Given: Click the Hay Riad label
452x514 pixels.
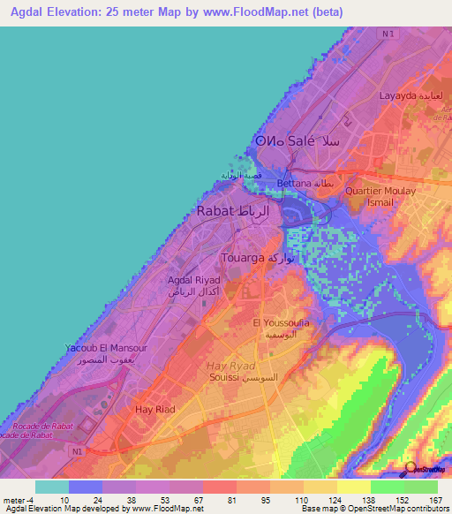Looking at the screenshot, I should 154,410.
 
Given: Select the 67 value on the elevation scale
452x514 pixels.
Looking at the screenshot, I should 202,501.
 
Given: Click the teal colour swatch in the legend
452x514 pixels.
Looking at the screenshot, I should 52,487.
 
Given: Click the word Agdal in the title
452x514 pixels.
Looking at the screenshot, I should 31,11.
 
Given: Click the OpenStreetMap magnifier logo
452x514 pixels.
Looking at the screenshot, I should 411,467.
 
